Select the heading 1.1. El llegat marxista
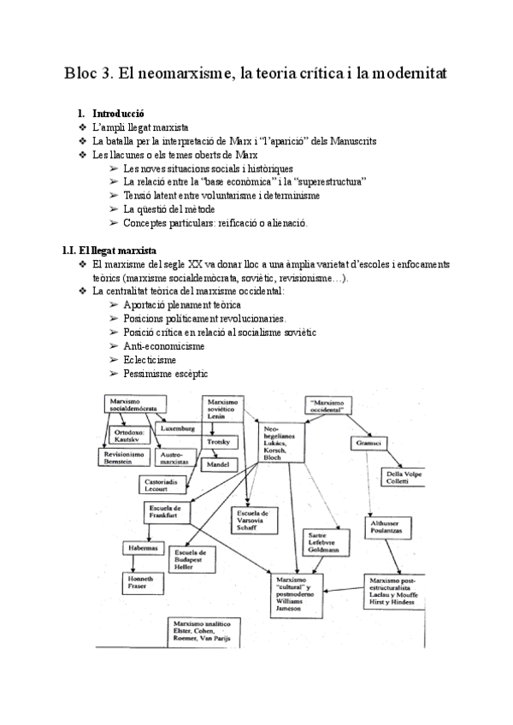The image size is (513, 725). tap(109, 251)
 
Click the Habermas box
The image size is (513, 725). tap(142, 548)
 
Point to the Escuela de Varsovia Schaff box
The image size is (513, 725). tap(253, 519)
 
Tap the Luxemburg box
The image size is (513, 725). tap(178, 427)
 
